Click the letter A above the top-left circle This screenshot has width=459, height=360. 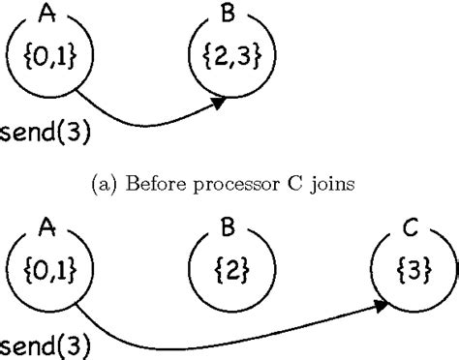pos(42,13)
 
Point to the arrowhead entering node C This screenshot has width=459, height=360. pos(383,307)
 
